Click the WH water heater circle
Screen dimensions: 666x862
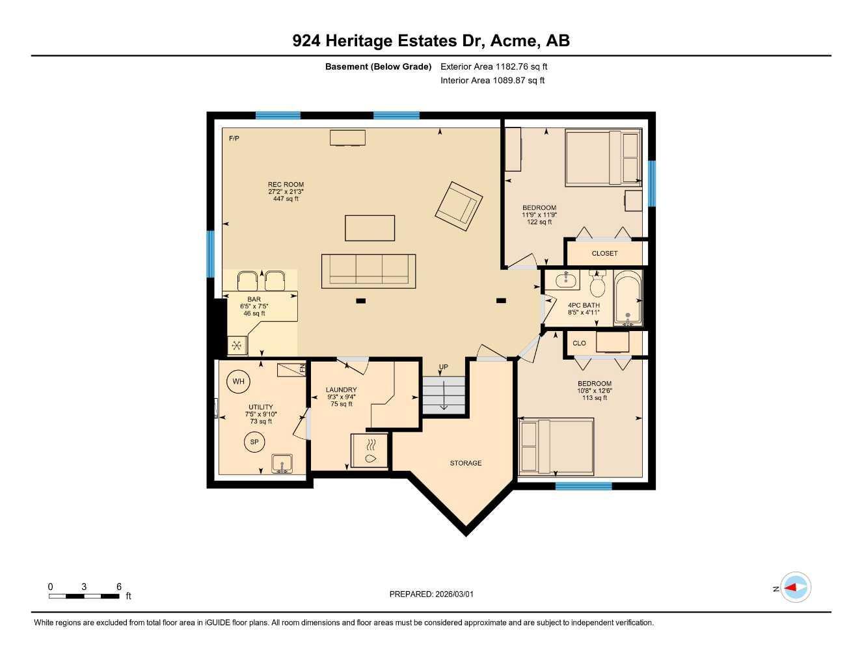click(x=239, y=381)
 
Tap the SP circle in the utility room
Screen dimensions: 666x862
click(x=254, y=442)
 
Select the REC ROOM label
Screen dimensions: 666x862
click(x=286, y=185)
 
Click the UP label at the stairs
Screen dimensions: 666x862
click(x=443, y=367)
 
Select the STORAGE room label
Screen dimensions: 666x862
click(x=466, y=463)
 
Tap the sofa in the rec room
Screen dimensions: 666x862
click(x=368, y=271)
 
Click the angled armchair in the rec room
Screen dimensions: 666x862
click(x=459, y=206)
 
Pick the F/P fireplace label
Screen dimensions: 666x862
click(x=234, y=139)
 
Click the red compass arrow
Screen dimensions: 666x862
click(x=792, y=588)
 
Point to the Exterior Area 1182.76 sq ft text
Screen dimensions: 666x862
click(x=494, y=66)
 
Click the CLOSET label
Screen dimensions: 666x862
click(x=604, y=253)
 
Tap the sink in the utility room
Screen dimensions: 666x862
click(x=282, y=463)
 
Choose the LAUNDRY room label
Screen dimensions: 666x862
click(x=341, y=390)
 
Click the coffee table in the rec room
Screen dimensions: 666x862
click(x=370, y=228)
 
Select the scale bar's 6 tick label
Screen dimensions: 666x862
click(x=119, y=587)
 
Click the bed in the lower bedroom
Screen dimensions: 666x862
click(x=556, y=446)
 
